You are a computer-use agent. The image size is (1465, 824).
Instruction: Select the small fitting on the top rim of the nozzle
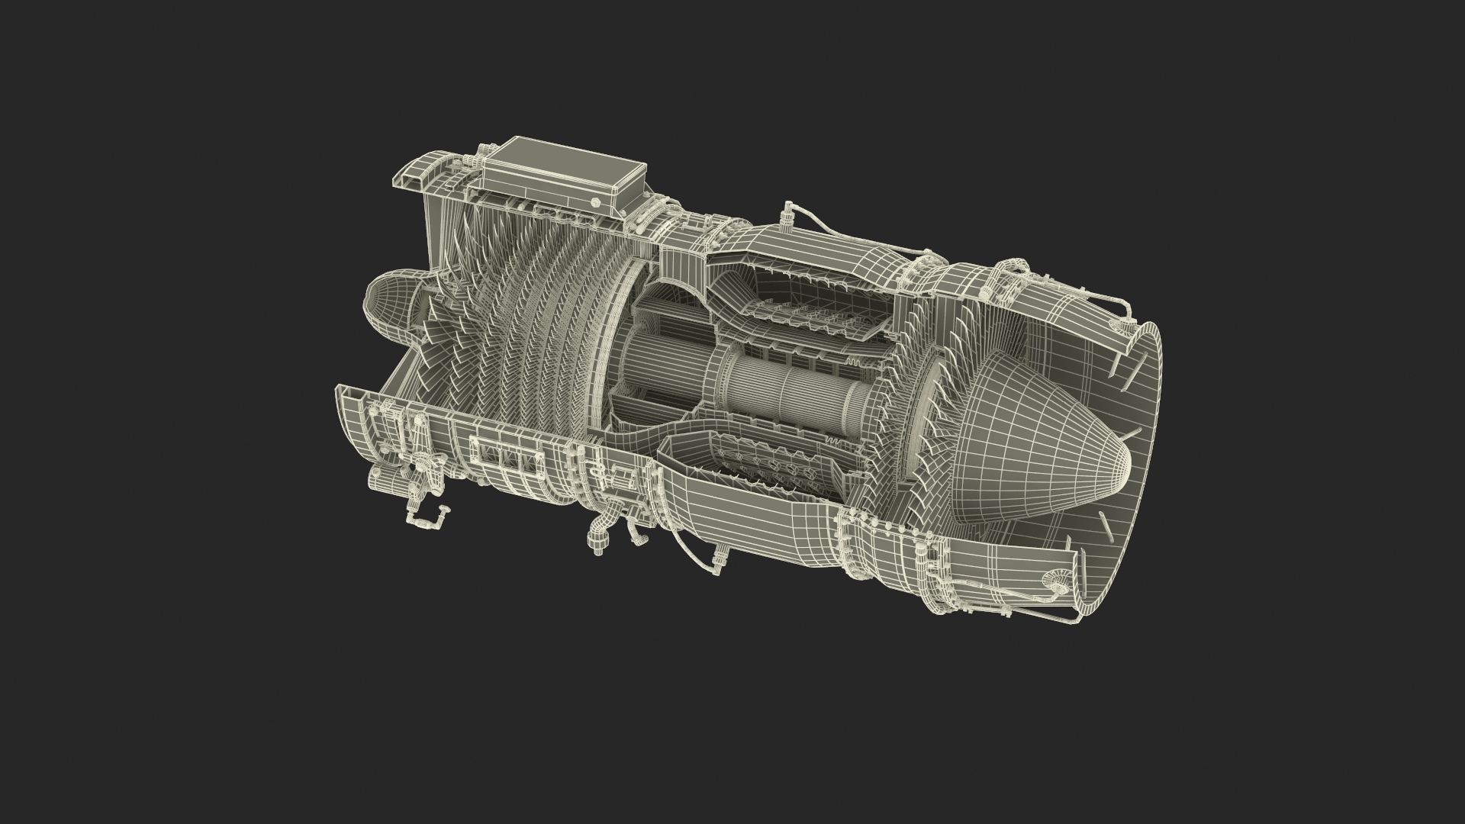(x=1128, y=328)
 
